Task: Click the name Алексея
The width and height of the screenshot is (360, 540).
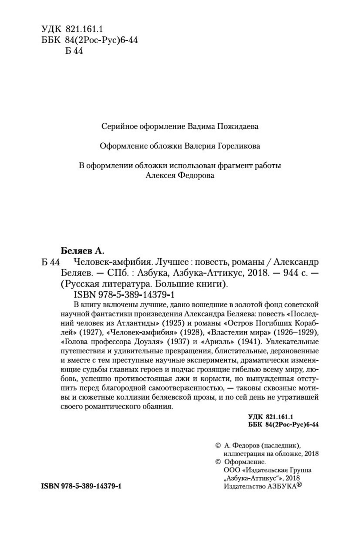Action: [160, 176]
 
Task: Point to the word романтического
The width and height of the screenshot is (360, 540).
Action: [117, 407]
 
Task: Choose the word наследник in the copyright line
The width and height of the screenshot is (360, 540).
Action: [281, 445]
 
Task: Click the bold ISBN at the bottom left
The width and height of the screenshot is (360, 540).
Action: [81, 486]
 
